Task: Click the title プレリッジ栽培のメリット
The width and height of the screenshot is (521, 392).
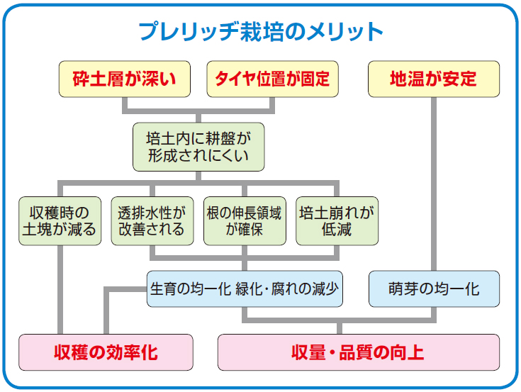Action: [x=261, y=32]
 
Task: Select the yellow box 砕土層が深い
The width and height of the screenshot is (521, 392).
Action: [x=125, y=79]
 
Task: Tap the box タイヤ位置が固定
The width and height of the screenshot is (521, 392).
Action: [x=272, y=79]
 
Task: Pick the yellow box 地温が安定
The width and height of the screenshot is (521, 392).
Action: [x=434, y=79]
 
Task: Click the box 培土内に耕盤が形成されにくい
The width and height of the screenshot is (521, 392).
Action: [x=198, y=147]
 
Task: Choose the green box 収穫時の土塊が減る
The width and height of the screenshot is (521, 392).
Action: [x=60, y=221]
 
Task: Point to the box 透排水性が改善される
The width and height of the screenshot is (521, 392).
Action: [x=152, y=221]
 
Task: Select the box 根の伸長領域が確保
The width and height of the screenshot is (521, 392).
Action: [x=245, y=221]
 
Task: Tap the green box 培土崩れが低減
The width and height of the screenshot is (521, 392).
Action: [x=337, y=221]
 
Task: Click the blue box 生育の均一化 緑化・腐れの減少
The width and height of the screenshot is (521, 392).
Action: [x=245, y=289]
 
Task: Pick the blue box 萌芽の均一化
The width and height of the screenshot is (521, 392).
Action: [x=434, y=289]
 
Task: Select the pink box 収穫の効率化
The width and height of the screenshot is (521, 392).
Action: [x=106, y=352]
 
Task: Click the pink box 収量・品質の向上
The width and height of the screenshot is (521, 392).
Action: [x=359, y=352]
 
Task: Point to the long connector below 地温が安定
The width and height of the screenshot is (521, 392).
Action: [x=434, y=184]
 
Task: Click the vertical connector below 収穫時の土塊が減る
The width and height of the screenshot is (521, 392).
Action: [x=60, y=290]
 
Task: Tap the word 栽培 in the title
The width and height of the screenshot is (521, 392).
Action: [x=262, y=32]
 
